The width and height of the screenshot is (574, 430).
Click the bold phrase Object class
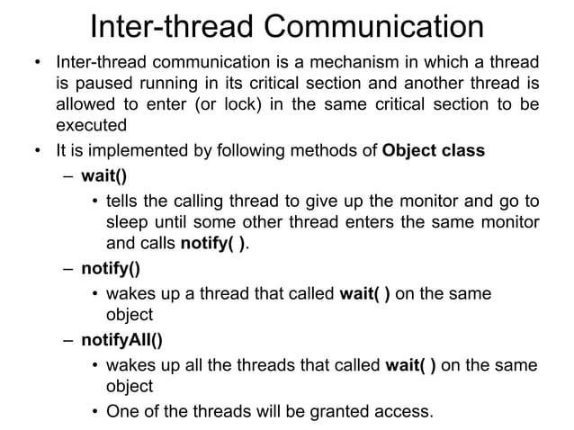pos(433,150)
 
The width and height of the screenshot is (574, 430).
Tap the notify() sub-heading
pos(110,267)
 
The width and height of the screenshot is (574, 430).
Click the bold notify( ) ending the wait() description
pos(212,242)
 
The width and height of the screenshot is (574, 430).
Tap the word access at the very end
pos(404,413)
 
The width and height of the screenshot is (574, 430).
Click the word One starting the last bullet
pos(122,413)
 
